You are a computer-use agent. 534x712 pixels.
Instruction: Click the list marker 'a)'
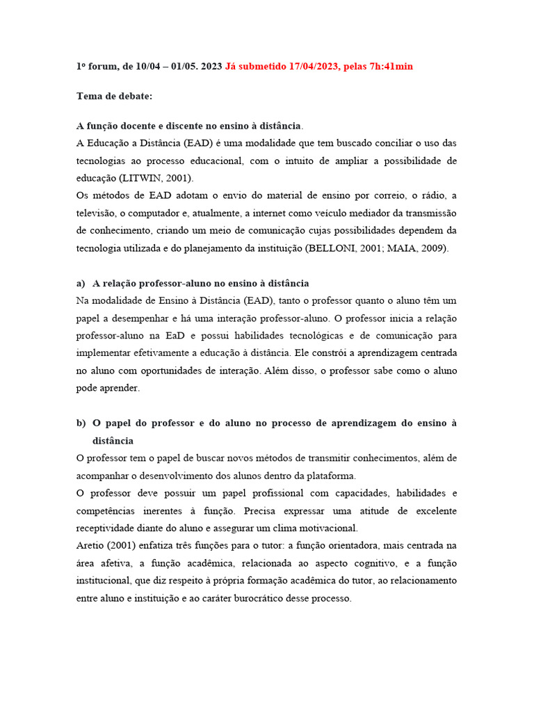(81, 284)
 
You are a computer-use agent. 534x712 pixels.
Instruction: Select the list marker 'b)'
(81, 423)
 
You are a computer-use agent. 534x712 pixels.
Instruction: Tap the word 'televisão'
(97, 213)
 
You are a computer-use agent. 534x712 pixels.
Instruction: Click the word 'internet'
(280, 213)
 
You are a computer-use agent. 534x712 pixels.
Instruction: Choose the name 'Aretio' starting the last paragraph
(90, 545)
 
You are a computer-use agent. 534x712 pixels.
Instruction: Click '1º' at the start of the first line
(81, 66)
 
